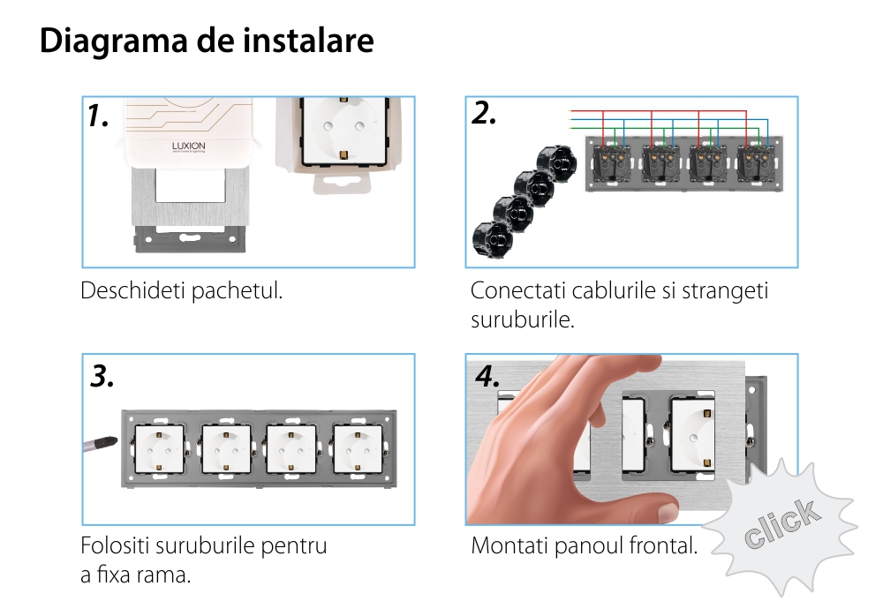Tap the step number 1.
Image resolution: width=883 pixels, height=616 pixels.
pos(98,116)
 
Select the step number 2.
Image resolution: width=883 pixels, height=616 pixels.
pos(484,113)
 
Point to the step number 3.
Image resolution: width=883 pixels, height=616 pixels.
pos(102,377)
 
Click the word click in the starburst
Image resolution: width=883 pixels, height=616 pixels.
pos(780,524)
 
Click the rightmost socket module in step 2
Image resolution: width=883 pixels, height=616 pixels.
pos(757,161)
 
